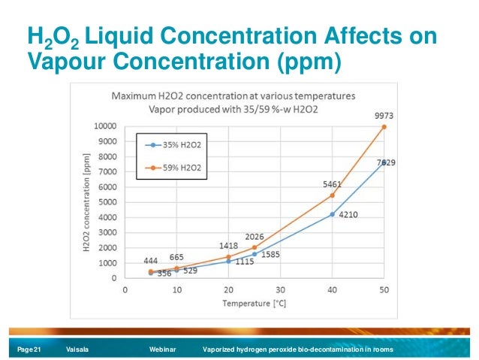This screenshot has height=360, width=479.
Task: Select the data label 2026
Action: tap(254, 236)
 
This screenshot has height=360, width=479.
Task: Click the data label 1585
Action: tap(271, 255)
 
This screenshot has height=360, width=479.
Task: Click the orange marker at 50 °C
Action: tap(384, 127)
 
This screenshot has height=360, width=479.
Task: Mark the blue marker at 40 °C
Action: tap(332, 214)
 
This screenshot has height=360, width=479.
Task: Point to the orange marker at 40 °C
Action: tap(332, 195)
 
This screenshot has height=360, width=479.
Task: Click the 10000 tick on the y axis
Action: tap(104, 126)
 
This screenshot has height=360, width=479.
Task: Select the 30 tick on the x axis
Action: tap(280, 289)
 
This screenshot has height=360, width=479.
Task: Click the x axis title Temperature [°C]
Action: tap(254, 304)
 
